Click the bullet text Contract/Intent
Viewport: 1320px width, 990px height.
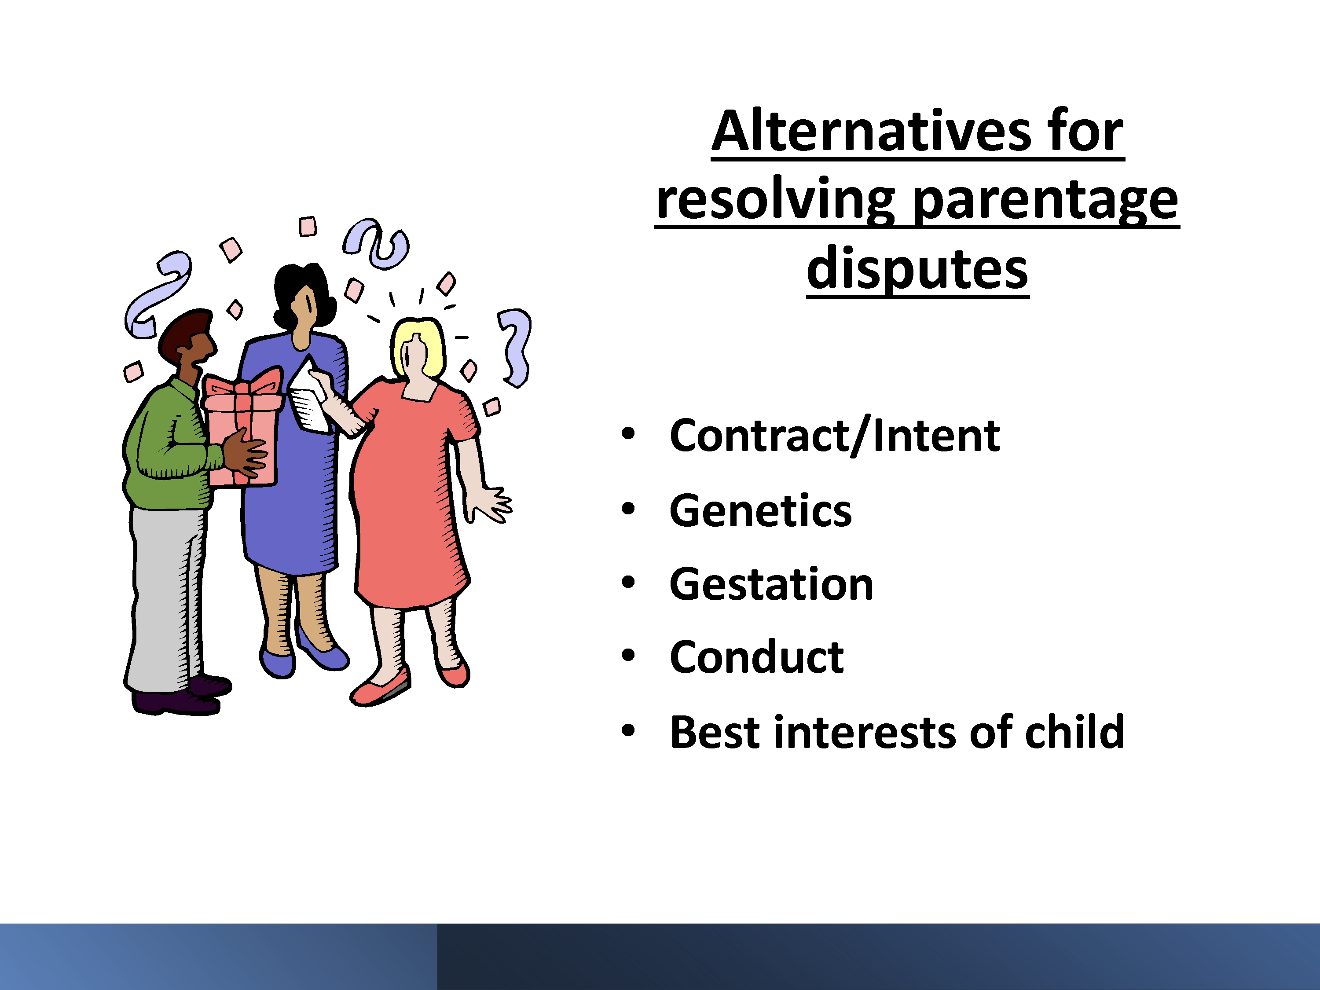[x=834, y=436]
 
